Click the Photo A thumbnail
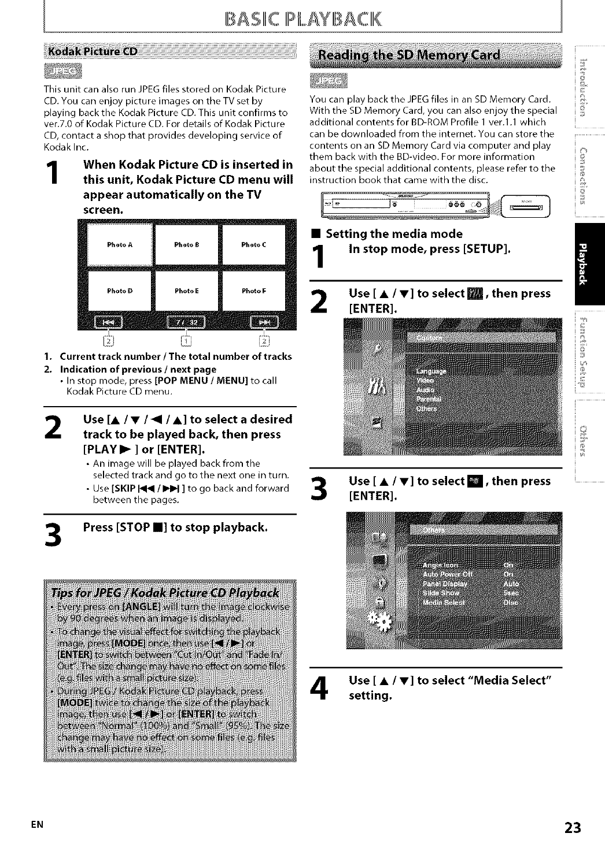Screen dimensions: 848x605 [120, 245]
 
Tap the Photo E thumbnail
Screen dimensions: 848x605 [187, 291]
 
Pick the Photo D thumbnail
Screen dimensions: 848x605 [120, 291]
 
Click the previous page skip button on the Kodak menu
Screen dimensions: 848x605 [106, 322]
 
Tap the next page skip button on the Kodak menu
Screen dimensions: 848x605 [263, 322]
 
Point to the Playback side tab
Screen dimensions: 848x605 [589, 263]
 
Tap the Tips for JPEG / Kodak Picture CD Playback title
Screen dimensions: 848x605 [165, 593]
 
